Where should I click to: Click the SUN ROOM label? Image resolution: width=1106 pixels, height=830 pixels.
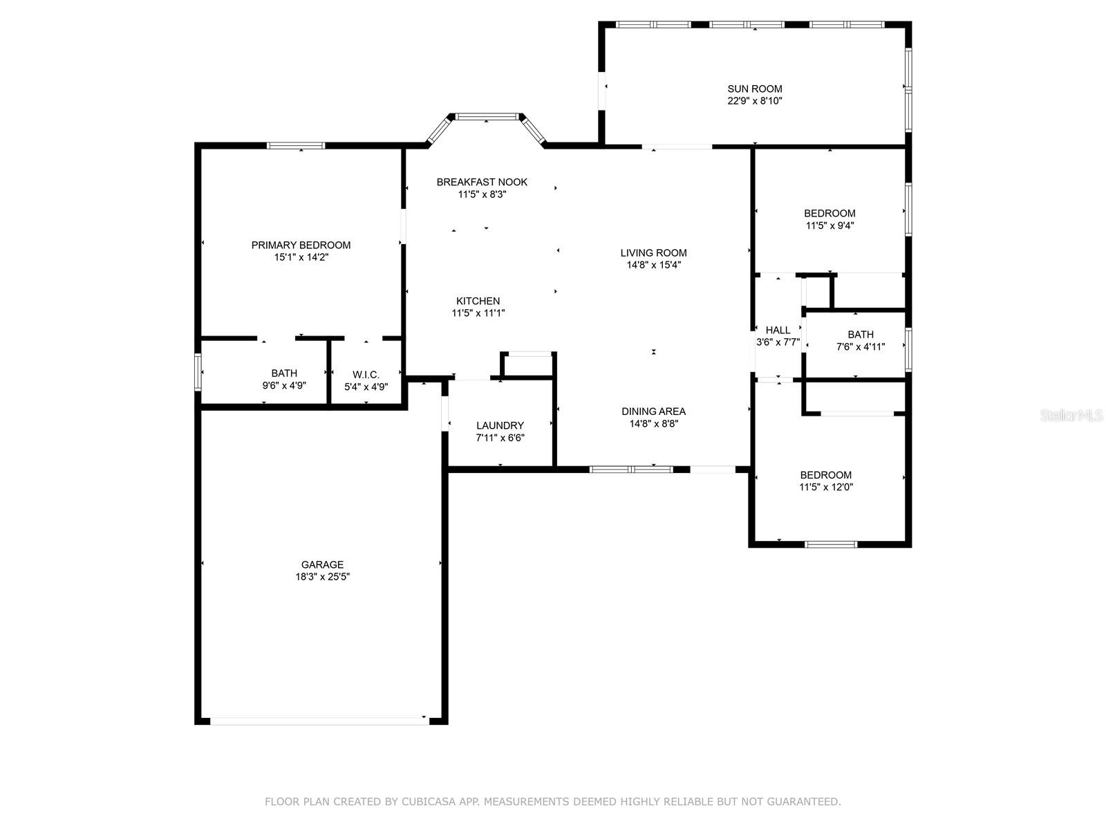click(x=754, y=89)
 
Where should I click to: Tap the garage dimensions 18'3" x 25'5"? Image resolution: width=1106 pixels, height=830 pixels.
click(x=323, y=577)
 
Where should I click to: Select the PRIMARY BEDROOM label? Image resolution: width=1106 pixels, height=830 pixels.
click(x=301, y=245)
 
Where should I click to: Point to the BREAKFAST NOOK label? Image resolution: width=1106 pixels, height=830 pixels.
click(x=482, y=182)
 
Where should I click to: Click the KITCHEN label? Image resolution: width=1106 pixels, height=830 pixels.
click(x=478, y=301)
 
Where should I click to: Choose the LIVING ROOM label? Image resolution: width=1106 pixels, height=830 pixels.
click(x=653, y=252)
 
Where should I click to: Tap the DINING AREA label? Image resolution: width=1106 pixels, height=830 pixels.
click(x=653, y=412)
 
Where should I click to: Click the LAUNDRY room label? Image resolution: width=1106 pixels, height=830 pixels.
click(x=500, y=425)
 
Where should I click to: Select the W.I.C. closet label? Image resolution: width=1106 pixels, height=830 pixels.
click(x=366, y=374)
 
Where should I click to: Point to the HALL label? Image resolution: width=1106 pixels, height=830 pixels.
click(x=778, y=330)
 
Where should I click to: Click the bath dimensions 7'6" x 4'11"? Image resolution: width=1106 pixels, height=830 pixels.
click(x=861, y=347)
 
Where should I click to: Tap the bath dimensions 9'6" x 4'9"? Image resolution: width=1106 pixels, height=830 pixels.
click(x=284, y=385)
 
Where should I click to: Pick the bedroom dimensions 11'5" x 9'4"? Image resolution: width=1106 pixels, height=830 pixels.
click(x=830, y=225)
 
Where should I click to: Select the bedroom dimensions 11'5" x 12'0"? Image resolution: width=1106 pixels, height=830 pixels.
click(x=826, y=487)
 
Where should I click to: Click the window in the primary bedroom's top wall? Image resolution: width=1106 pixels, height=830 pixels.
click(x=296, y=146)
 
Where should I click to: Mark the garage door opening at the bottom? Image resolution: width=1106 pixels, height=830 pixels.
click(x=319, y=721)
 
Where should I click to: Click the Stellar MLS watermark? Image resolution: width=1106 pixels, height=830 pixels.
click(x=1071, y=415)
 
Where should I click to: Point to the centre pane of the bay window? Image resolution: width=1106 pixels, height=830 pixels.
click(x=487, y=116)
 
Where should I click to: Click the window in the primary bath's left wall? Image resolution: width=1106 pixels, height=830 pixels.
click(x=198, y=372)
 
